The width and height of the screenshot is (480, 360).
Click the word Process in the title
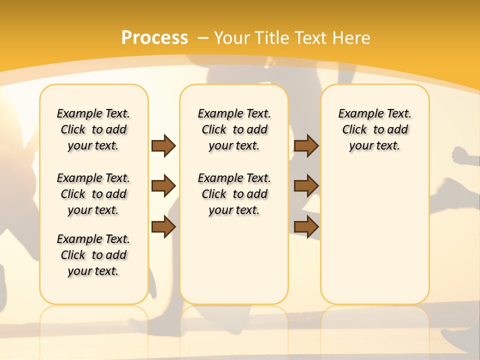[x=154, y=37]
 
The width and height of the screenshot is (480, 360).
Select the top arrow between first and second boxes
[x=163, y=145]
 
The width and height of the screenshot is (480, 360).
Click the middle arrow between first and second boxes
[x=163, y=186]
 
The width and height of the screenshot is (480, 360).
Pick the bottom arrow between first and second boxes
[x=163, y=227]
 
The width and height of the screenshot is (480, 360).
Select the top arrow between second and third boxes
[x=306, y=145]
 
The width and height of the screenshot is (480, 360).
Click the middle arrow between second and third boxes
[x=306, y=186]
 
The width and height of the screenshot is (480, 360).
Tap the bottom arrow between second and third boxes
[x=306, y=227]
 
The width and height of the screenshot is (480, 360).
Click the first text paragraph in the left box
[x=93, y=129]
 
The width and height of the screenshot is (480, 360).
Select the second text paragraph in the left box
[x=93, y=194]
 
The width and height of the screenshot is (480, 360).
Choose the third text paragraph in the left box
[x=93, y=255]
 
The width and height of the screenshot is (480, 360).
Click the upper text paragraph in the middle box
[x=234, y=129]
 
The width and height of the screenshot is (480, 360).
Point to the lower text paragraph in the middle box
[x=234, y=194]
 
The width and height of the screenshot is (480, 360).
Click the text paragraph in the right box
[x=375, y=129]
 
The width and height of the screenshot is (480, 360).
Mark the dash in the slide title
[x=203, y=37]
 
